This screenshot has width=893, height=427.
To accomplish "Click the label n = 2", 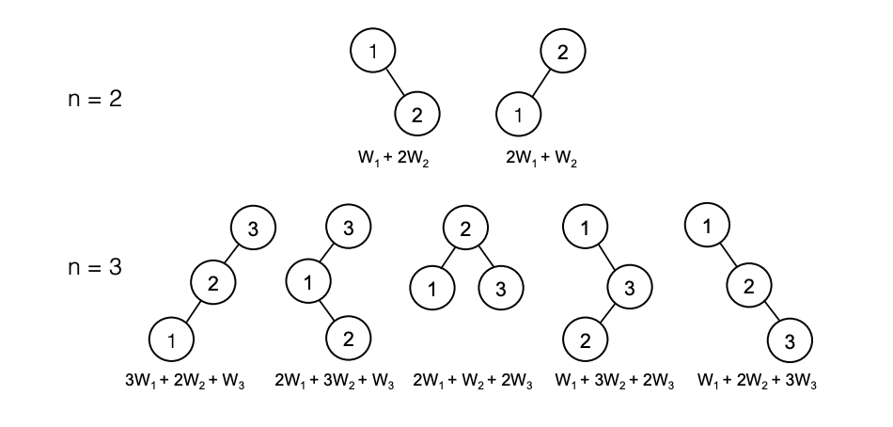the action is click(x=95, y=99).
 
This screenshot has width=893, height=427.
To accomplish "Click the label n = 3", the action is click(x=95, y=266).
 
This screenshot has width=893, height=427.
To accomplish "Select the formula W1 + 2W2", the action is click(x=393, y=159).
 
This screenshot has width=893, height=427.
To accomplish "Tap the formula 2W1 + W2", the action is click(x=541, y=159).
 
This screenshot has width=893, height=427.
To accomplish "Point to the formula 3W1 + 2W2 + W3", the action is click(x=184, y=381).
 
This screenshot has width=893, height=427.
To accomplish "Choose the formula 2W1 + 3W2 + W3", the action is click(x=334, y=381).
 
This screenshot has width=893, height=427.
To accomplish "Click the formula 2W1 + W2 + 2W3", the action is click(x=473, y=381).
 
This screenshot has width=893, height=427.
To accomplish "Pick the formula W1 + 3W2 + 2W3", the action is click(x=615, y=381).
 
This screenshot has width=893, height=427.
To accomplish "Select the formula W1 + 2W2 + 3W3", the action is click(x=757, y=381).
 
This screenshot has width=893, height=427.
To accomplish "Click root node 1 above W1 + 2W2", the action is click(x=372, y=51).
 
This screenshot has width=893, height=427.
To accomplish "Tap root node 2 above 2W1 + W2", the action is click(x=563, y=52).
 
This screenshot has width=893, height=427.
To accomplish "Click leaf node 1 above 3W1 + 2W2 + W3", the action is click(x=171, y=340).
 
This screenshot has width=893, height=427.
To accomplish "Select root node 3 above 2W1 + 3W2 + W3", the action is click(x=348, y=228).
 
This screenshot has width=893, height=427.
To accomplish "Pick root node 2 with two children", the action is click(x=465, y=228).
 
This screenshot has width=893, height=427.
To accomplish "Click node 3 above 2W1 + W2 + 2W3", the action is click(x=501, y=289).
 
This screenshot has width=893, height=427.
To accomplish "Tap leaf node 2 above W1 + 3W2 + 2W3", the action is click(x=585, y=340).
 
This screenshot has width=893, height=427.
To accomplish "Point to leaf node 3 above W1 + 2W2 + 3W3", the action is click(x=790, y=340).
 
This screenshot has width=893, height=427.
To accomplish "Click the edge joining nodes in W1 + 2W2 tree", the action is click(x=395, y=83).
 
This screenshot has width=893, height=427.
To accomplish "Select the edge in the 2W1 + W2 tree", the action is click(x=540, y=83).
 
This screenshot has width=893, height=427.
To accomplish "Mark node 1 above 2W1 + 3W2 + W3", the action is click(x=308, y=281).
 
